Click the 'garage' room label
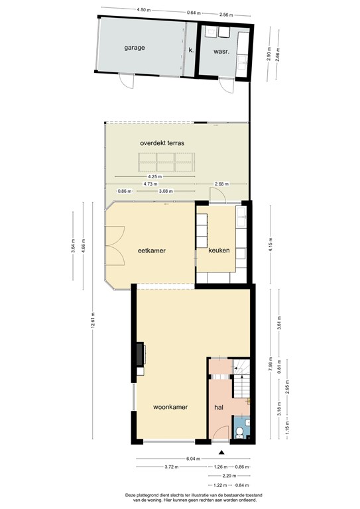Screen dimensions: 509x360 pos(134,48)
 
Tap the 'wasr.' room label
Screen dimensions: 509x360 pos(221,51)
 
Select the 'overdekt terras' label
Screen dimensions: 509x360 pos(162,142)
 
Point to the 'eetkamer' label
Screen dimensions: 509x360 pos(151,251)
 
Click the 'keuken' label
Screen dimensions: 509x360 pos(219,251)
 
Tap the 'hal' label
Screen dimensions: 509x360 pos(219,408)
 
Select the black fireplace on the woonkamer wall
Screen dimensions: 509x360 pos(140,355)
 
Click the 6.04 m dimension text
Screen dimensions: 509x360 pos(193,458)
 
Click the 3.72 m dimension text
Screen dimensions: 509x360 pos(170,467)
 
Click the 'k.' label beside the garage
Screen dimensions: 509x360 pos(191,50)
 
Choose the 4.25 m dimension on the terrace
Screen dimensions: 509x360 pos(153,176)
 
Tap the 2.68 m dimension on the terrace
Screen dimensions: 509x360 pos(220,184)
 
